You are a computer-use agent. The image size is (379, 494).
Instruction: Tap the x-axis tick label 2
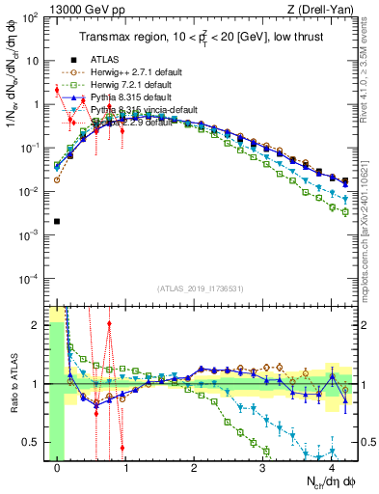pyautogui.click(x=194, y=468)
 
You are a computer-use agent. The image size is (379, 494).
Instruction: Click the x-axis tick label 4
pyautogui.click(x=331, y=468)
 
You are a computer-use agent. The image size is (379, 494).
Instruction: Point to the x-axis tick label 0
pyautogui.click(x=58, y=468)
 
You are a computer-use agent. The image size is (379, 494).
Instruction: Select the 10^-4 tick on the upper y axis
pyautogui.click(x=31, y=279)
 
